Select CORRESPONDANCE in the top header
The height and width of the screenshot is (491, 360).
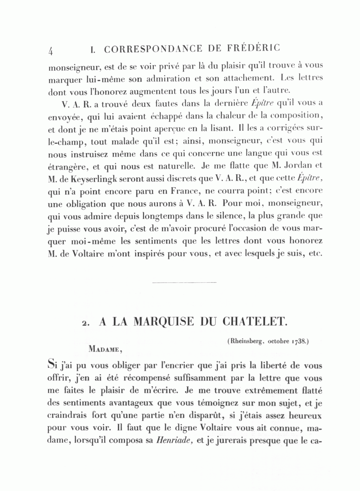[x=148, y=49]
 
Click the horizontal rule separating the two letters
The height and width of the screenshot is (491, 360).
[x=184, y=283]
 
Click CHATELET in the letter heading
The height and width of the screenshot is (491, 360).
[x=252, y=321]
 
